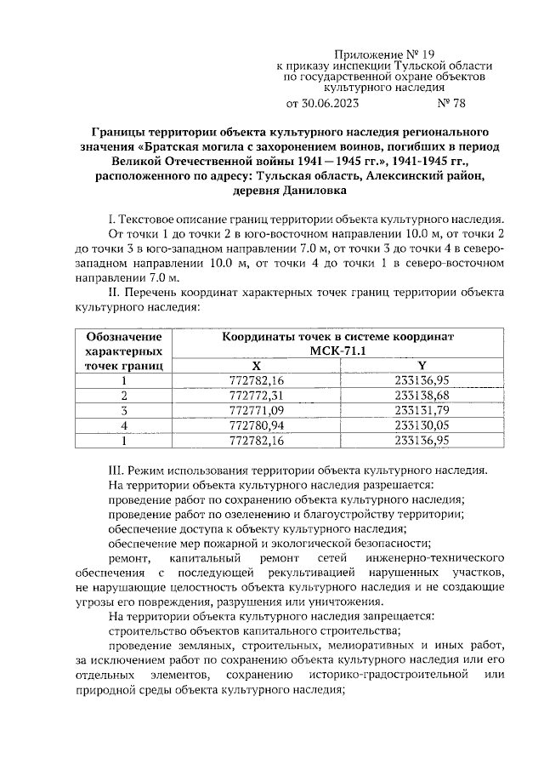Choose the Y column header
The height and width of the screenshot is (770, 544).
[422, 365]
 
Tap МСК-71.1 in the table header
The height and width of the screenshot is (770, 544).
[337, 351]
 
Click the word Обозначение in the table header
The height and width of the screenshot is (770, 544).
[124, 337]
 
